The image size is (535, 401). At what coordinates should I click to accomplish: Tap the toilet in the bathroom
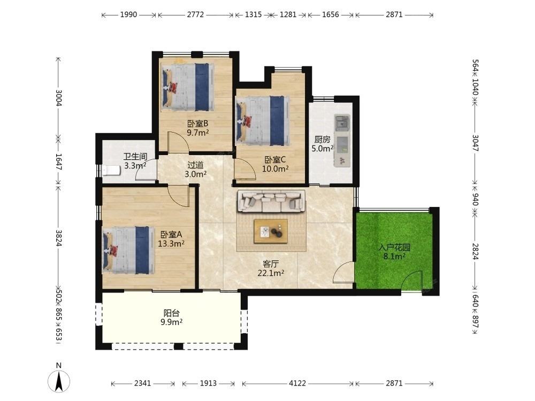(x=111, y=170)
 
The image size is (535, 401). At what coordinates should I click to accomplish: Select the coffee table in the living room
(x=271, y=231)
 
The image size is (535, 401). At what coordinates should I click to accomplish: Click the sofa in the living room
(x=271, y=201)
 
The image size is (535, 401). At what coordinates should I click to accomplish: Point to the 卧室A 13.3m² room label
(x=171, y=239)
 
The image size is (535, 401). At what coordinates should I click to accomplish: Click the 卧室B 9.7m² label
(x=198, y=128)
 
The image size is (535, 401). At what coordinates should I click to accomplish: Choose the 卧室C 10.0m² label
(x=276, y=164)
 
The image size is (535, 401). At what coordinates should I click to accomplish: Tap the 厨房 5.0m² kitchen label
(x=323, y=144)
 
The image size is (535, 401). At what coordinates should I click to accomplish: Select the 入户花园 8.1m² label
(x=394, y=252)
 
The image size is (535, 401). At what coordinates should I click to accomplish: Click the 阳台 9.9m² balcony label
(x=172, y=318)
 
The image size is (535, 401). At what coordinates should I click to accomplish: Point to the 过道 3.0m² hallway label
(x=196, y=169)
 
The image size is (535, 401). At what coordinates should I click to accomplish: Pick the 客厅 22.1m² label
(x=271, y=268)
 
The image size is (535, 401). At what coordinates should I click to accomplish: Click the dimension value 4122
(x=297, y=383)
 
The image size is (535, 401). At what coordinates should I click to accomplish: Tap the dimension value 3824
(x=59, y=238)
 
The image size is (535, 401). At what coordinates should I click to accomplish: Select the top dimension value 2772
(x=195, y=14)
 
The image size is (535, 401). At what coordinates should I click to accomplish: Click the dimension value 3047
(x=475, y=143)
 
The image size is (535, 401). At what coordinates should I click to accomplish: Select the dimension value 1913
(x=208, y=383)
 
